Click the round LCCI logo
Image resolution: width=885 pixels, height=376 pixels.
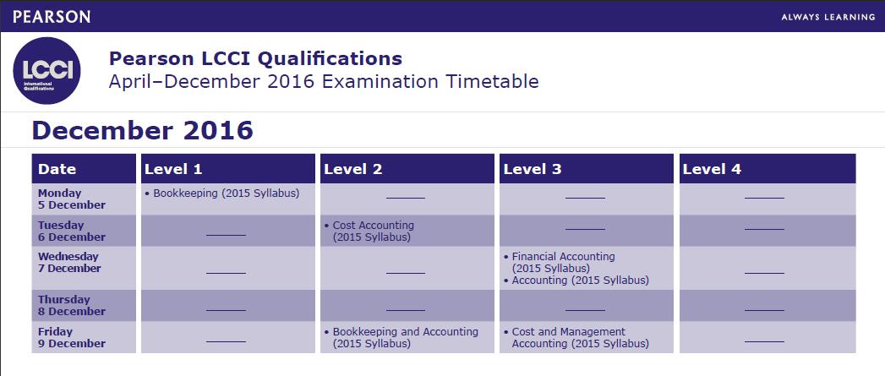46,71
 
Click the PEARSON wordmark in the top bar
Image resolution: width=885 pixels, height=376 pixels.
52,16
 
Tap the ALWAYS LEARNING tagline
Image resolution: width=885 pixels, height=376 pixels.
828,17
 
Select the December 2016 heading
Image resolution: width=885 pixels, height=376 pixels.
143,130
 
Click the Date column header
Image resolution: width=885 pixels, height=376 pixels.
57,169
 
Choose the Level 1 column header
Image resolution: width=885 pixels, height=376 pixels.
173,169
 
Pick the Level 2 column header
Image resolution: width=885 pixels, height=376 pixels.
352,169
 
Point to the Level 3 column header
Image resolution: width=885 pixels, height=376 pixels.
533,169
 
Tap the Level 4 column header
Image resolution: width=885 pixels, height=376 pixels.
712,169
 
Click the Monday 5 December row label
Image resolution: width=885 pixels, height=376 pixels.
72,199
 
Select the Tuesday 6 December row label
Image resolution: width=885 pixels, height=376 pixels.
72,231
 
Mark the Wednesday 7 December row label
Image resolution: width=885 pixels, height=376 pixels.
68,263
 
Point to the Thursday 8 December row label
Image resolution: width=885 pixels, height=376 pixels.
72,305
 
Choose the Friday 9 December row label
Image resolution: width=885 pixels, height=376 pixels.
72,338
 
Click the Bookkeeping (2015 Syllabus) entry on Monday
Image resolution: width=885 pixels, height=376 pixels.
221,193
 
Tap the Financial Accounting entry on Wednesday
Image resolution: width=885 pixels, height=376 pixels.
560,262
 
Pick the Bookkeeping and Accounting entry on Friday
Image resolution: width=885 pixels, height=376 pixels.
402,338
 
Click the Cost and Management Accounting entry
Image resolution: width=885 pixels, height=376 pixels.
576,338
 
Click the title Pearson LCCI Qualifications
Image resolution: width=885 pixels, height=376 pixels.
255,58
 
